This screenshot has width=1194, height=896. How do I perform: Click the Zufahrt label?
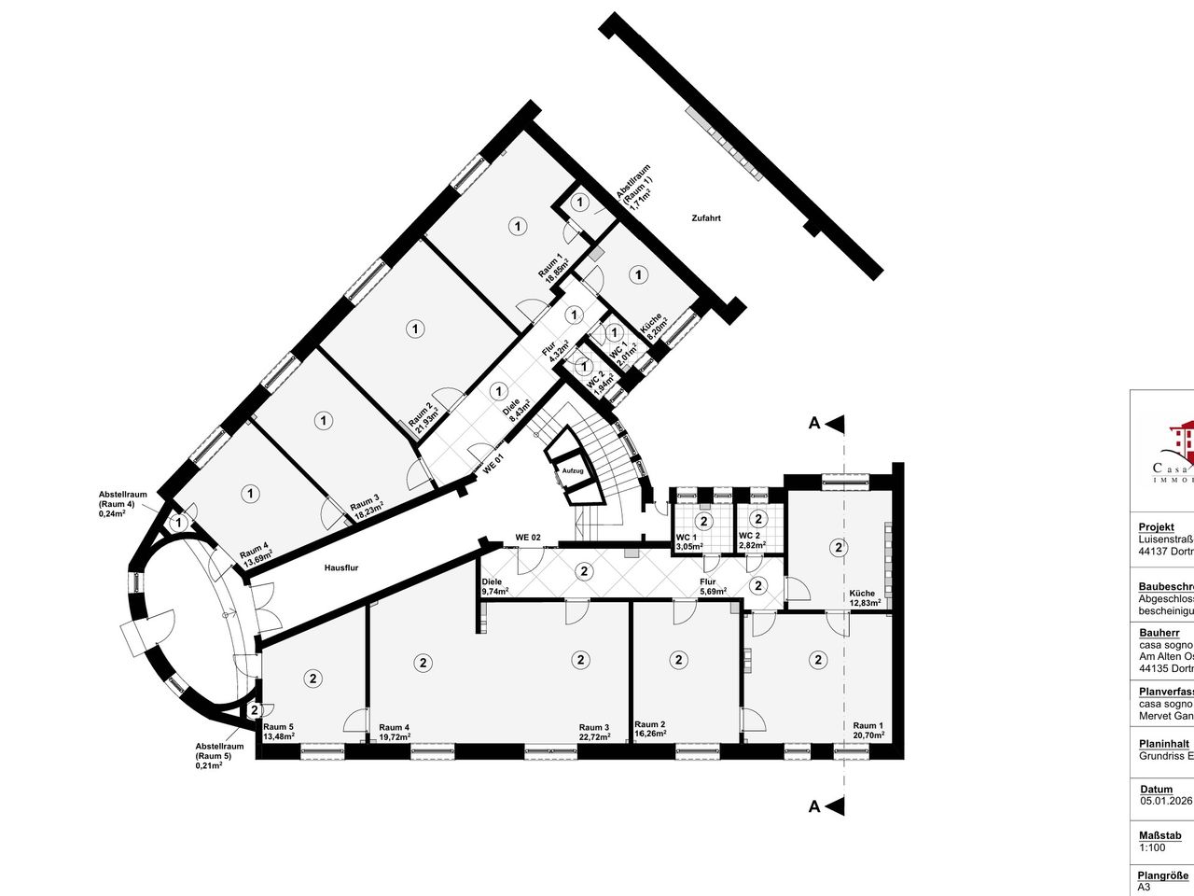tap(706, 218)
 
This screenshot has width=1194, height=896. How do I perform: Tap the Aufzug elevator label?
tap(573, 471)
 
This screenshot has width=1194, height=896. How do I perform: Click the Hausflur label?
tap(341, 567)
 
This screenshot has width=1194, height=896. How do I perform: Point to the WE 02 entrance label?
tap(529, 538)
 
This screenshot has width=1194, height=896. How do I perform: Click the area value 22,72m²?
tap(594, 737)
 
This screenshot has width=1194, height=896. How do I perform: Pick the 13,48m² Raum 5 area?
tap(279, 737)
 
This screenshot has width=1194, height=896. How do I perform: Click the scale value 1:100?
tap(1151, 847)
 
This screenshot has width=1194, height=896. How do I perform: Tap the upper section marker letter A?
tap(814, 424)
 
